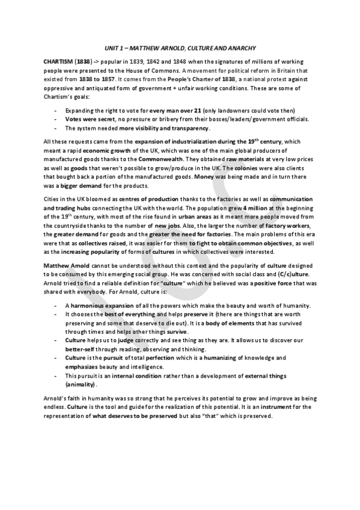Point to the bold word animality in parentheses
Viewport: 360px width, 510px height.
pyautogui.click(x=81, y=384)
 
